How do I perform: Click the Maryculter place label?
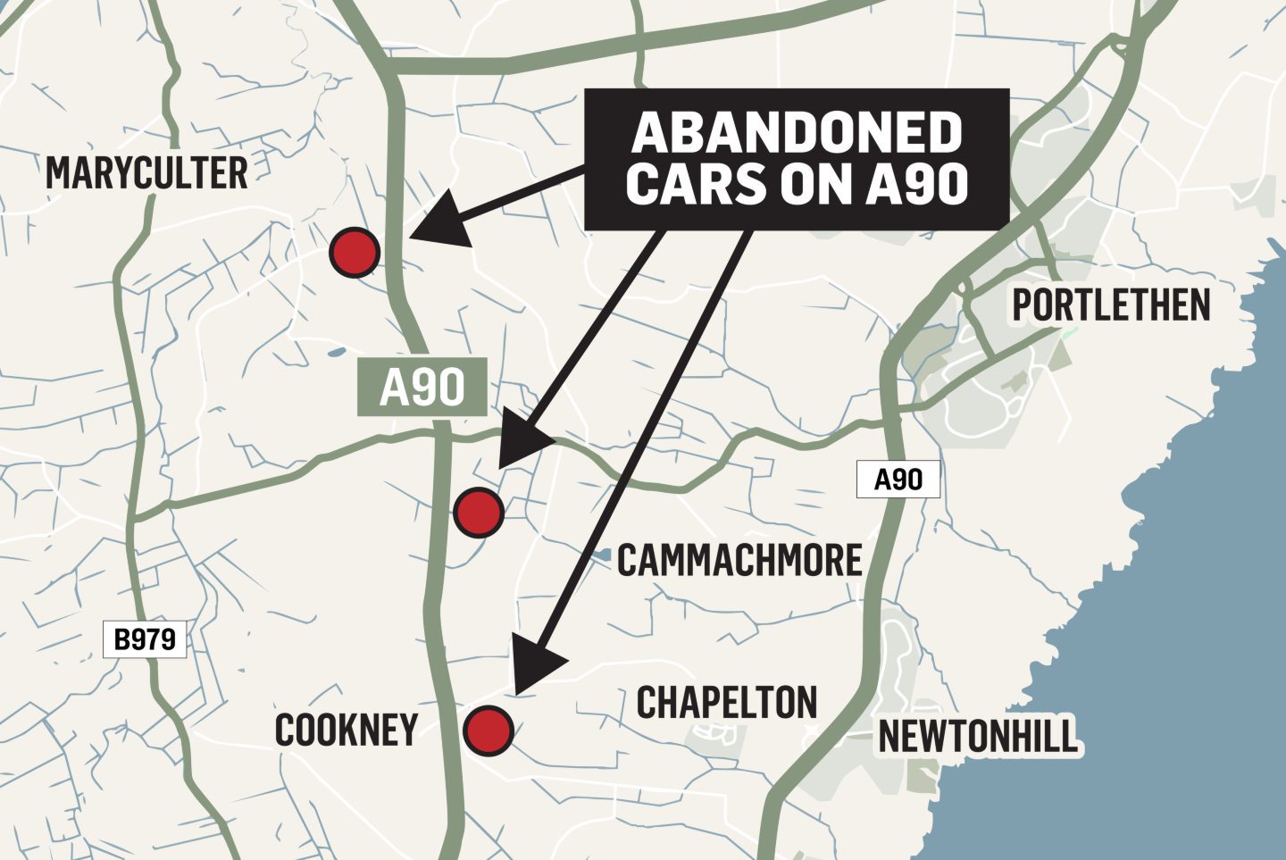click(146, 173)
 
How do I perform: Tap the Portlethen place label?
click(1111, 306)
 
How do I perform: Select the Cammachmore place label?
click(739, 561)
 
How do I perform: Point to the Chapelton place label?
click(727, 703)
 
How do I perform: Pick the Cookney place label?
click(347, 731)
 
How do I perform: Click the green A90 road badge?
click(422, 388)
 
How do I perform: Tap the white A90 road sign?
click(898, 480)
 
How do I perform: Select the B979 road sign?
click(146, 639)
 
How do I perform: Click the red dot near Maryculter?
click(355, 252)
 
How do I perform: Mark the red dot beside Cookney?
click(489, 731)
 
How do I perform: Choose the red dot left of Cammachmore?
click(479, 513)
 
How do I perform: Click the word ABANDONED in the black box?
click(797, 133)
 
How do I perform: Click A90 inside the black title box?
click(916, 185)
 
